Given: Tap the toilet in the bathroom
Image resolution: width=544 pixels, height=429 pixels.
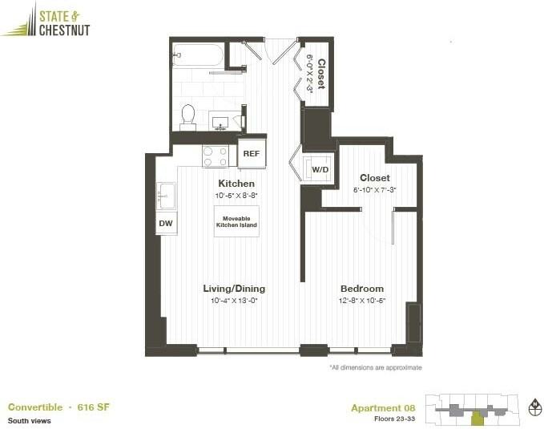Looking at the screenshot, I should pos(188,117).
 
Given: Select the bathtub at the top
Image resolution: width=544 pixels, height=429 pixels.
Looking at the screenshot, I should pos(197,55).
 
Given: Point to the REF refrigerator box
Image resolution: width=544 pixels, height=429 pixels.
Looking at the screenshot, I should pos(251,152).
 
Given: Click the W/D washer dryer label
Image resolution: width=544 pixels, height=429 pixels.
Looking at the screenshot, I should pos(320,170).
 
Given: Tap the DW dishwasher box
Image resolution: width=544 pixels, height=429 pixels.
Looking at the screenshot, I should pos(166,224).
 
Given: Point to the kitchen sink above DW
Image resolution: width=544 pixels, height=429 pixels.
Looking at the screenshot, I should pos(167,195).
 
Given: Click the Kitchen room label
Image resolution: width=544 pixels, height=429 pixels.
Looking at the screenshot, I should pos(236,184).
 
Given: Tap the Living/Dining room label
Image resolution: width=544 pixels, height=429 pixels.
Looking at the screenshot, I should pos(234,289).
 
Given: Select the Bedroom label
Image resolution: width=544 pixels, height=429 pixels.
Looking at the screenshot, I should pos(362,289).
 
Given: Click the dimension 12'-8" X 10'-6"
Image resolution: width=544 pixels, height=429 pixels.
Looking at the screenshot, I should pos(363,301).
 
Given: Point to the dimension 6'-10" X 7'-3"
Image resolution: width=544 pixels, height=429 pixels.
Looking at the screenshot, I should pos(375,190).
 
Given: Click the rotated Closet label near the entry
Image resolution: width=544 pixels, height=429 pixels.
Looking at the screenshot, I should pos(321,74).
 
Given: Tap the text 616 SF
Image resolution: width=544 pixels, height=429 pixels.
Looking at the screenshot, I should pos(94,407).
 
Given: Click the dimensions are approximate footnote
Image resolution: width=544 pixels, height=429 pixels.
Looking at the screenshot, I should pos(375,368).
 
